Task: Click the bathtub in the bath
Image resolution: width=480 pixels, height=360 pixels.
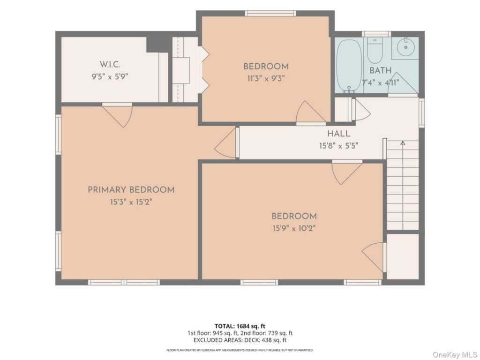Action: coord(349,66)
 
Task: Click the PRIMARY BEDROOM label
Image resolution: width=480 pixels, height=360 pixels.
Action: coord(131,190)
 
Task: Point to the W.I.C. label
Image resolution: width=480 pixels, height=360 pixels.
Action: coord(110,65)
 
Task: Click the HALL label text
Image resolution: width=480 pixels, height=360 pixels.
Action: coord(338,134)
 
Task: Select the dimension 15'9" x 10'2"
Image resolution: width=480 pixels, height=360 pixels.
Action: coord(294,228)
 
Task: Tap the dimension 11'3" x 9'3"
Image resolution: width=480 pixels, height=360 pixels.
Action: coord(266,79)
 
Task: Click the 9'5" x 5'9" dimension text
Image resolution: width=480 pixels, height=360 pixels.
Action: coord(110,76)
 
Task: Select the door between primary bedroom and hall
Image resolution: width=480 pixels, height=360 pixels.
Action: coord(226,143)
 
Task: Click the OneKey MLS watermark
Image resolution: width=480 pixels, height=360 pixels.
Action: coord(454,354)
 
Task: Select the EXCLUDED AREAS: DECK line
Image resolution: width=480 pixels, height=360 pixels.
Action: coord(240,340)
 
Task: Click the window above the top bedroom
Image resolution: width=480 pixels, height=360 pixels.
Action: coord(270,14)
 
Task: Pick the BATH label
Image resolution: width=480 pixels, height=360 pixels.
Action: coord(381,70)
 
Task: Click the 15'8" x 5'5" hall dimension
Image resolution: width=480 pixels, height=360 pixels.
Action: coord(338,146)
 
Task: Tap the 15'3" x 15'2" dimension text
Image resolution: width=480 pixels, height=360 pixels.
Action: coord(131,202)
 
